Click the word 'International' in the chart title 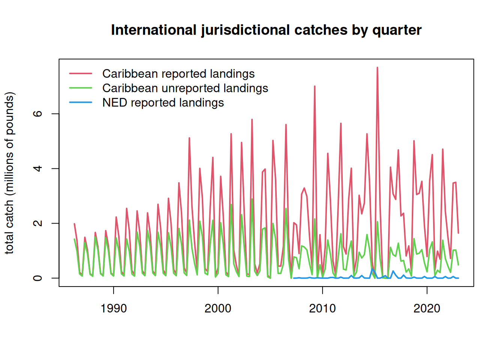click(154, 30)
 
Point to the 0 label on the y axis click(37, 278)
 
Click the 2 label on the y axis click(37, 223)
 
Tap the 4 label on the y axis click(37, 168)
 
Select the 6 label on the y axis click(37, 114)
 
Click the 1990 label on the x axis click(114, 309)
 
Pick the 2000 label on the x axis click(218, 309)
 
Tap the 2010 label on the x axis click(322, 309)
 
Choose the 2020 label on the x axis click(427, 309)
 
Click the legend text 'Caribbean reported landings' click(178, 74)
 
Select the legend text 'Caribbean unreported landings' click(185, 88)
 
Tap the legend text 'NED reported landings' click(163, 103)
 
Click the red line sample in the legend click(81, 73)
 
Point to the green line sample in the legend click(81, 88)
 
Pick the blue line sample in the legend click(81, 102)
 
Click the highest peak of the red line click(377, 67)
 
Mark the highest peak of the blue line click(372, 268)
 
